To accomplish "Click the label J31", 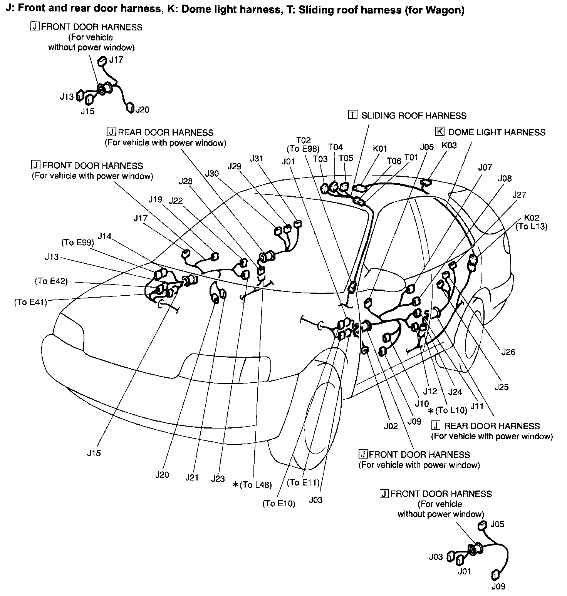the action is click(257, 158).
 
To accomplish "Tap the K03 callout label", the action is click(449, 146).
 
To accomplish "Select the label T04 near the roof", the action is click(336, 147).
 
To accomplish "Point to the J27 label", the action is click(519, 195).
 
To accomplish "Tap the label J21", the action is click(191, 477).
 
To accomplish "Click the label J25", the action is click(502, 387).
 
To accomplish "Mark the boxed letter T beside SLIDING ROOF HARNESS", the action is click(353, 115).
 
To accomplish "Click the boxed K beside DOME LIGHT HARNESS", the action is click(440, 132).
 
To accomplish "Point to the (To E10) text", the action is click(279, 504).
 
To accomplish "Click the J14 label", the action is click(104, 236).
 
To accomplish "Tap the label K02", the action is click(532, 217).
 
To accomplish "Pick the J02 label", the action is click(391, 426).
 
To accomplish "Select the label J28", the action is click(186, 181).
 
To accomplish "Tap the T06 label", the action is click(394, 161).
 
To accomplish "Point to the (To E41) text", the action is click(30, 302).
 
